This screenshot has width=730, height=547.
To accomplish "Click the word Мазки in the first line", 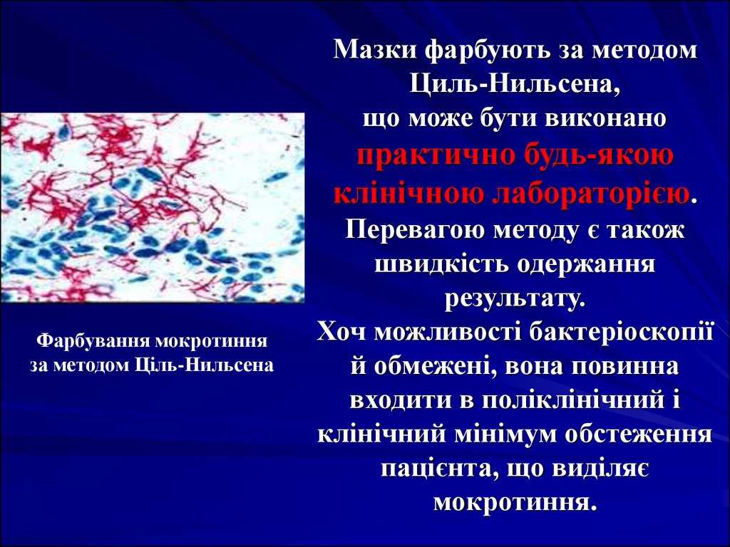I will pyautogui.click(x=376, y=51).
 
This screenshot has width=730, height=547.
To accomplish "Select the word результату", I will pyautogui.click(x=515, y=298).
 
